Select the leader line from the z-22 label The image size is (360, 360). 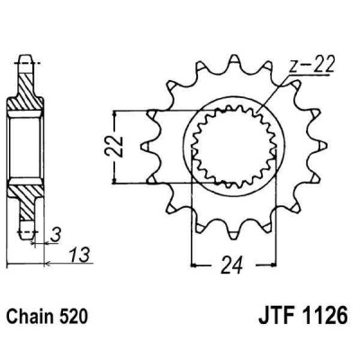point(274,94)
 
